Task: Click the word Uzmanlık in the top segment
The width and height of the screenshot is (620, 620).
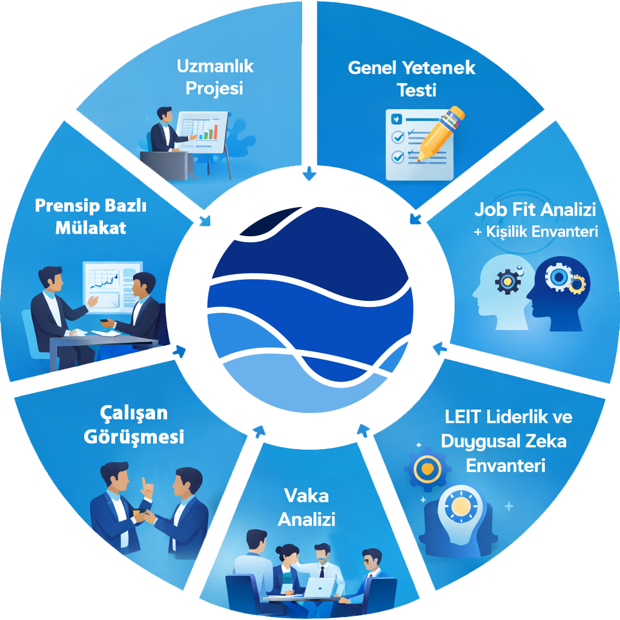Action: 216,66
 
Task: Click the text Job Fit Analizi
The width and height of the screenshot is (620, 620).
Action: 535,210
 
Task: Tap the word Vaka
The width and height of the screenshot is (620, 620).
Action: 306,496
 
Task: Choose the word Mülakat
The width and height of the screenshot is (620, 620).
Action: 91,228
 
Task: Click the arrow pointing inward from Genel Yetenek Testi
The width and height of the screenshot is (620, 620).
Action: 415,218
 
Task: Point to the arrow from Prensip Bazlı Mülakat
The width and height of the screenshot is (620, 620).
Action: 179,351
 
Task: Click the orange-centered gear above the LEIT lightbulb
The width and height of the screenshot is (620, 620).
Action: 427,467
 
